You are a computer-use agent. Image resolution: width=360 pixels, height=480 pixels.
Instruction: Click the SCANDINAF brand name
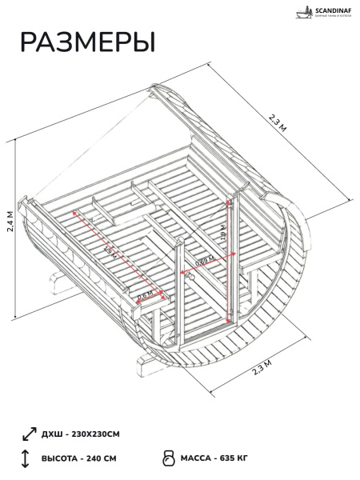[326, 10]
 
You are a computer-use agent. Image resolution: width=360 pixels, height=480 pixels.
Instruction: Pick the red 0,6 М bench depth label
[146, 296]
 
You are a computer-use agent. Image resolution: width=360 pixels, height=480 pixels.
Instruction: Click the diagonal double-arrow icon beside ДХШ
[28, 434]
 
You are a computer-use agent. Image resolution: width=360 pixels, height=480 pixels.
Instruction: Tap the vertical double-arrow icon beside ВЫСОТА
[26, 458]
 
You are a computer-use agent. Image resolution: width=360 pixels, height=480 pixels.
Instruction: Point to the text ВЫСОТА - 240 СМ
[78, 458]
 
